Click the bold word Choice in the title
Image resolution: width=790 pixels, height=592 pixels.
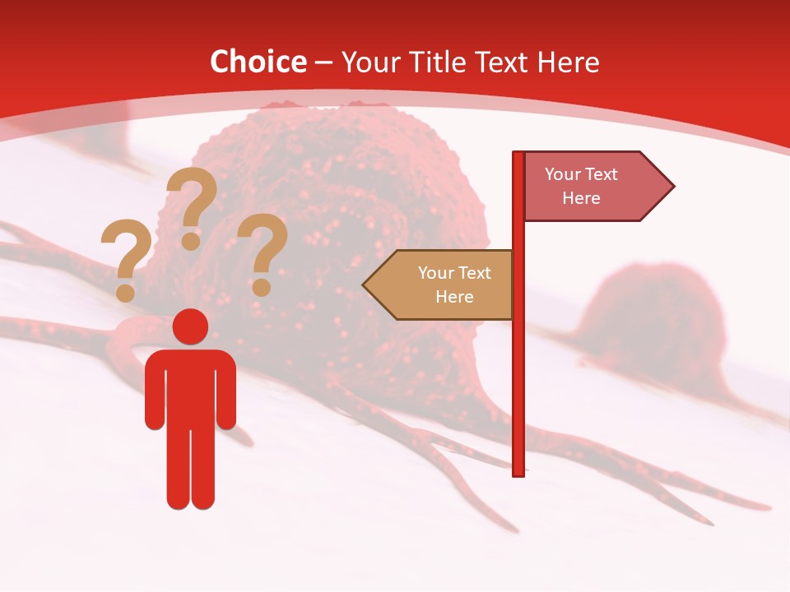tap(258, 62)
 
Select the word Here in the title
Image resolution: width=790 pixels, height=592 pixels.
tap(568, 62)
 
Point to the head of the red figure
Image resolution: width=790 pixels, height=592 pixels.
tap(190, 326)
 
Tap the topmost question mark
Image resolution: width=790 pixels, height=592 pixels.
tap(192, 206)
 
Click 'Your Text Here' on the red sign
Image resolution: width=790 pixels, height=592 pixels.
tap(581, 186)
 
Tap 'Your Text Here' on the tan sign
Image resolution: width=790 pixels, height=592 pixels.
tap(454, 284)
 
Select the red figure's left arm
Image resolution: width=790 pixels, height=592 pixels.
tap(154, 395)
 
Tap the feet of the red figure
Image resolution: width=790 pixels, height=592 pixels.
tap(190, 502)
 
